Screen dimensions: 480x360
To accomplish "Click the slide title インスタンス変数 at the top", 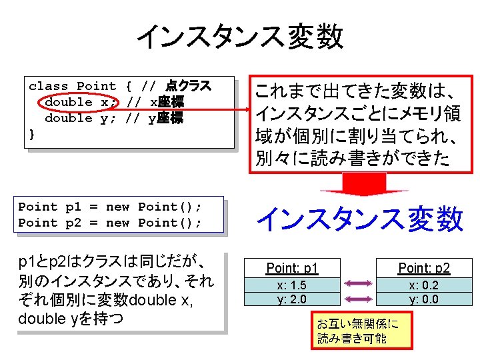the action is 240,37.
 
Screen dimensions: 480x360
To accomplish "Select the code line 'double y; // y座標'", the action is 113,119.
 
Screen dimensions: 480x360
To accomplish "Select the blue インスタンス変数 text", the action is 360,219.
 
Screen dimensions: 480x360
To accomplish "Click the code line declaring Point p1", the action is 110,207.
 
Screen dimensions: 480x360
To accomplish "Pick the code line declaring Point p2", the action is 110,223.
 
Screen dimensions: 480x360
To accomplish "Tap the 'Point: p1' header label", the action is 292,268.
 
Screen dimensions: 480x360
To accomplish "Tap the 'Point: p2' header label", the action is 424,268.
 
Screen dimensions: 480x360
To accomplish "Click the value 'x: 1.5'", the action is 292,285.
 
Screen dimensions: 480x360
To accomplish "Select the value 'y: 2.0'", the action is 292,299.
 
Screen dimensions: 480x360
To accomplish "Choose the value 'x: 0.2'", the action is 424,285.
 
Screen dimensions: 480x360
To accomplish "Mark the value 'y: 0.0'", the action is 424,299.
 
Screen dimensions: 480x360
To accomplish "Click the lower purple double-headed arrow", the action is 359,299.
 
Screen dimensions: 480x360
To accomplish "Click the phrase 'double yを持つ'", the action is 71,319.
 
